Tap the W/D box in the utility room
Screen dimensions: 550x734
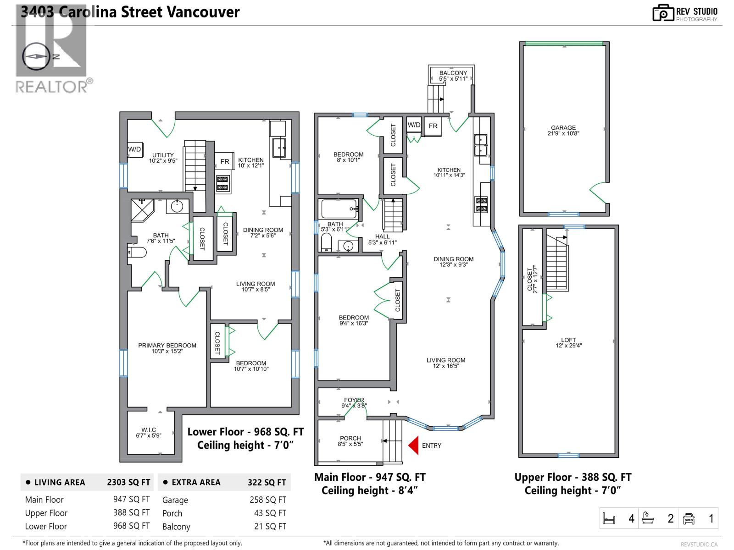pos(134,149)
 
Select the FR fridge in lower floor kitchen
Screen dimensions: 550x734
pos(225,161)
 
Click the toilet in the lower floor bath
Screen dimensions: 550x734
pos(137,252)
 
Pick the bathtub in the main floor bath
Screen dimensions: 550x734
pos(339,209)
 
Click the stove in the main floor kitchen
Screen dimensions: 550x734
pos(481,204)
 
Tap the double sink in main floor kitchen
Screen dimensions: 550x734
pos(480,145)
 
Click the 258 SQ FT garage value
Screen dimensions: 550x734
pos(268,500)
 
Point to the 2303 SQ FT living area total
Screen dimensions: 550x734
pos(128,482)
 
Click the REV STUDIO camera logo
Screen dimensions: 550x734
pos(662,12)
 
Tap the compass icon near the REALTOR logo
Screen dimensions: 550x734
pos(36,56)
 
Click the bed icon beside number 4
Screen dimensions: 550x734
pos(608,519)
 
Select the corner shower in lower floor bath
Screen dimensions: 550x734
pos(143,210)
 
